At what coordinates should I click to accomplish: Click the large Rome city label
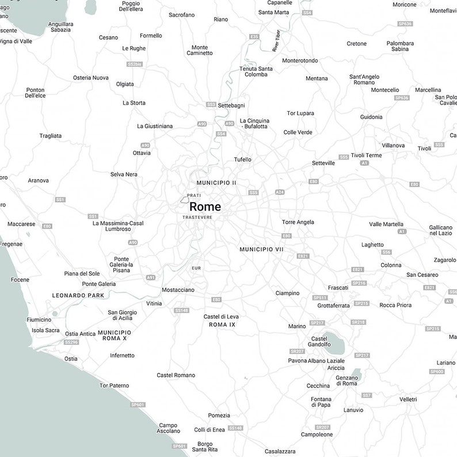pos(205,207)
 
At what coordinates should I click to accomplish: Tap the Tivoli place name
pos(424,148)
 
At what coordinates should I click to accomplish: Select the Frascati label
pos(338,288)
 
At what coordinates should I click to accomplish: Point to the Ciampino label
pos(287,293)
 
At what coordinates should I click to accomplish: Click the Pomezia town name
pos(219,416)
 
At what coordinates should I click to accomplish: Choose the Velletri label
pos(408,399)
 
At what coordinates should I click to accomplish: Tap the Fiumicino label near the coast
pos(39,320)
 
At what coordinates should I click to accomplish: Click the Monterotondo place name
pos(300,60)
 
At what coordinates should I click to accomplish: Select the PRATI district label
pos(194,196)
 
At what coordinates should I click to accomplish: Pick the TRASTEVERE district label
pos(197,218)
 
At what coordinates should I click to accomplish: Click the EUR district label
pos(197,268)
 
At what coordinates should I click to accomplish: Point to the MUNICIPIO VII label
pos(261,249)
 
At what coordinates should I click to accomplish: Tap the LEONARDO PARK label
pos(78,295)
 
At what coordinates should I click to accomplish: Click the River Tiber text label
pos(277,41)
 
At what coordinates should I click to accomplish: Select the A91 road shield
pos(151,277)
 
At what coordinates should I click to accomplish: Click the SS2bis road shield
pos(135,64)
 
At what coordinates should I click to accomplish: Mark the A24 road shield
pos(280,192)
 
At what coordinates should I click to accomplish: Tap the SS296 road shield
pos(71,342)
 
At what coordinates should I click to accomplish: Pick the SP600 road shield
pos(437,372)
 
